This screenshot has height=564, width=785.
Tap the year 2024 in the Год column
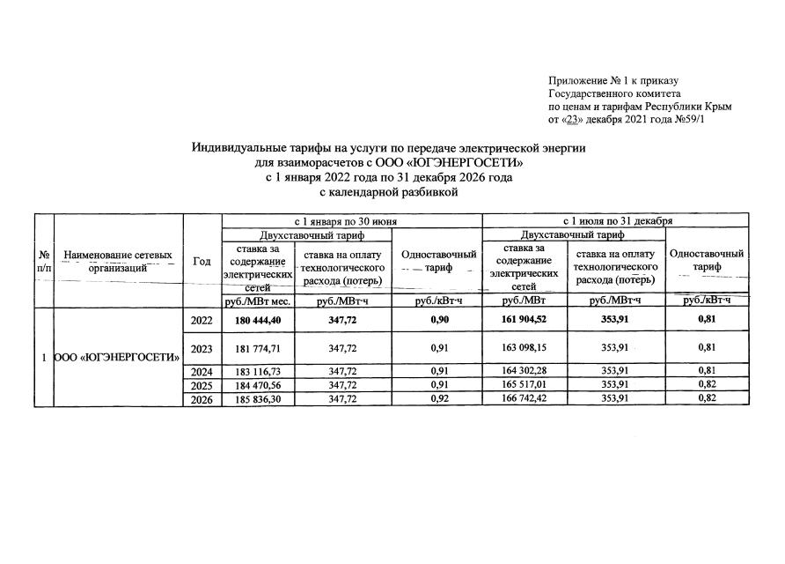click(202, 372)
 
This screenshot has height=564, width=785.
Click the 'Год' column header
click(202, 261)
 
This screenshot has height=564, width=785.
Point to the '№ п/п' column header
click(43, 261)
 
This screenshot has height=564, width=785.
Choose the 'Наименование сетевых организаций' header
click(118, 261)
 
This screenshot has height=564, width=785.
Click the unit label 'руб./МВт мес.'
click(257, 301)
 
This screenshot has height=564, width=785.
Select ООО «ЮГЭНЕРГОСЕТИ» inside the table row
click(118, 357)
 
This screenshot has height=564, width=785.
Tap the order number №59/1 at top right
click(686, 119)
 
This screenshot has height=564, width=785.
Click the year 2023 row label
click(202, 347)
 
